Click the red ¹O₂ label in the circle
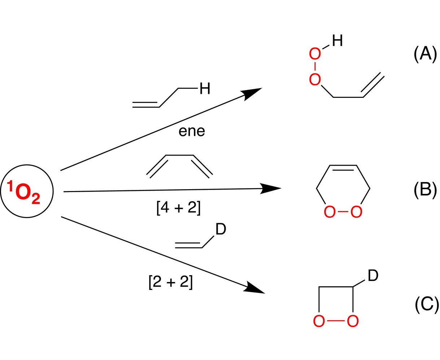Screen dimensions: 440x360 tap(23, 192)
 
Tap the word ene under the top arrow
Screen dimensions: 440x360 tap(192, 131)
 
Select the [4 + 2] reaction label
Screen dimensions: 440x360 tap(178, 208)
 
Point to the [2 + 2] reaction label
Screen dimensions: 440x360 tap(170, 282)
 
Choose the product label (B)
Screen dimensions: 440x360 tap(425, 191)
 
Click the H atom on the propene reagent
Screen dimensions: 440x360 tap(205, 88)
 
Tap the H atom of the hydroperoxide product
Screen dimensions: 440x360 tap(337, 40)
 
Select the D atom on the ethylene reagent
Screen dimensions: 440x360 tap(221, 229)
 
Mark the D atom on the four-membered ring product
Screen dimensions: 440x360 tap(373, 276)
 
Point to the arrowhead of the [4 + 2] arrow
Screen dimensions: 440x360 tap(270, 188)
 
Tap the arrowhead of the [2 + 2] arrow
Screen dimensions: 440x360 tap(254, 288)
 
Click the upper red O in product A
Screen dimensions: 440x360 tap(315, 54)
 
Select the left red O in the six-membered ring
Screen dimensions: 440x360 tap(330, 212)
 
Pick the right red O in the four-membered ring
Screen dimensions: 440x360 tap(353, 321)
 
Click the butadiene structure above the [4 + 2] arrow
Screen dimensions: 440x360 tap(179, 166)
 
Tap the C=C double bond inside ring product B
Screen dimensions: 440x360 tap(343, 168)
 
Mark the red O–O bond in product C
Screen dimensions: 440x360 tap(336, 321)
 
